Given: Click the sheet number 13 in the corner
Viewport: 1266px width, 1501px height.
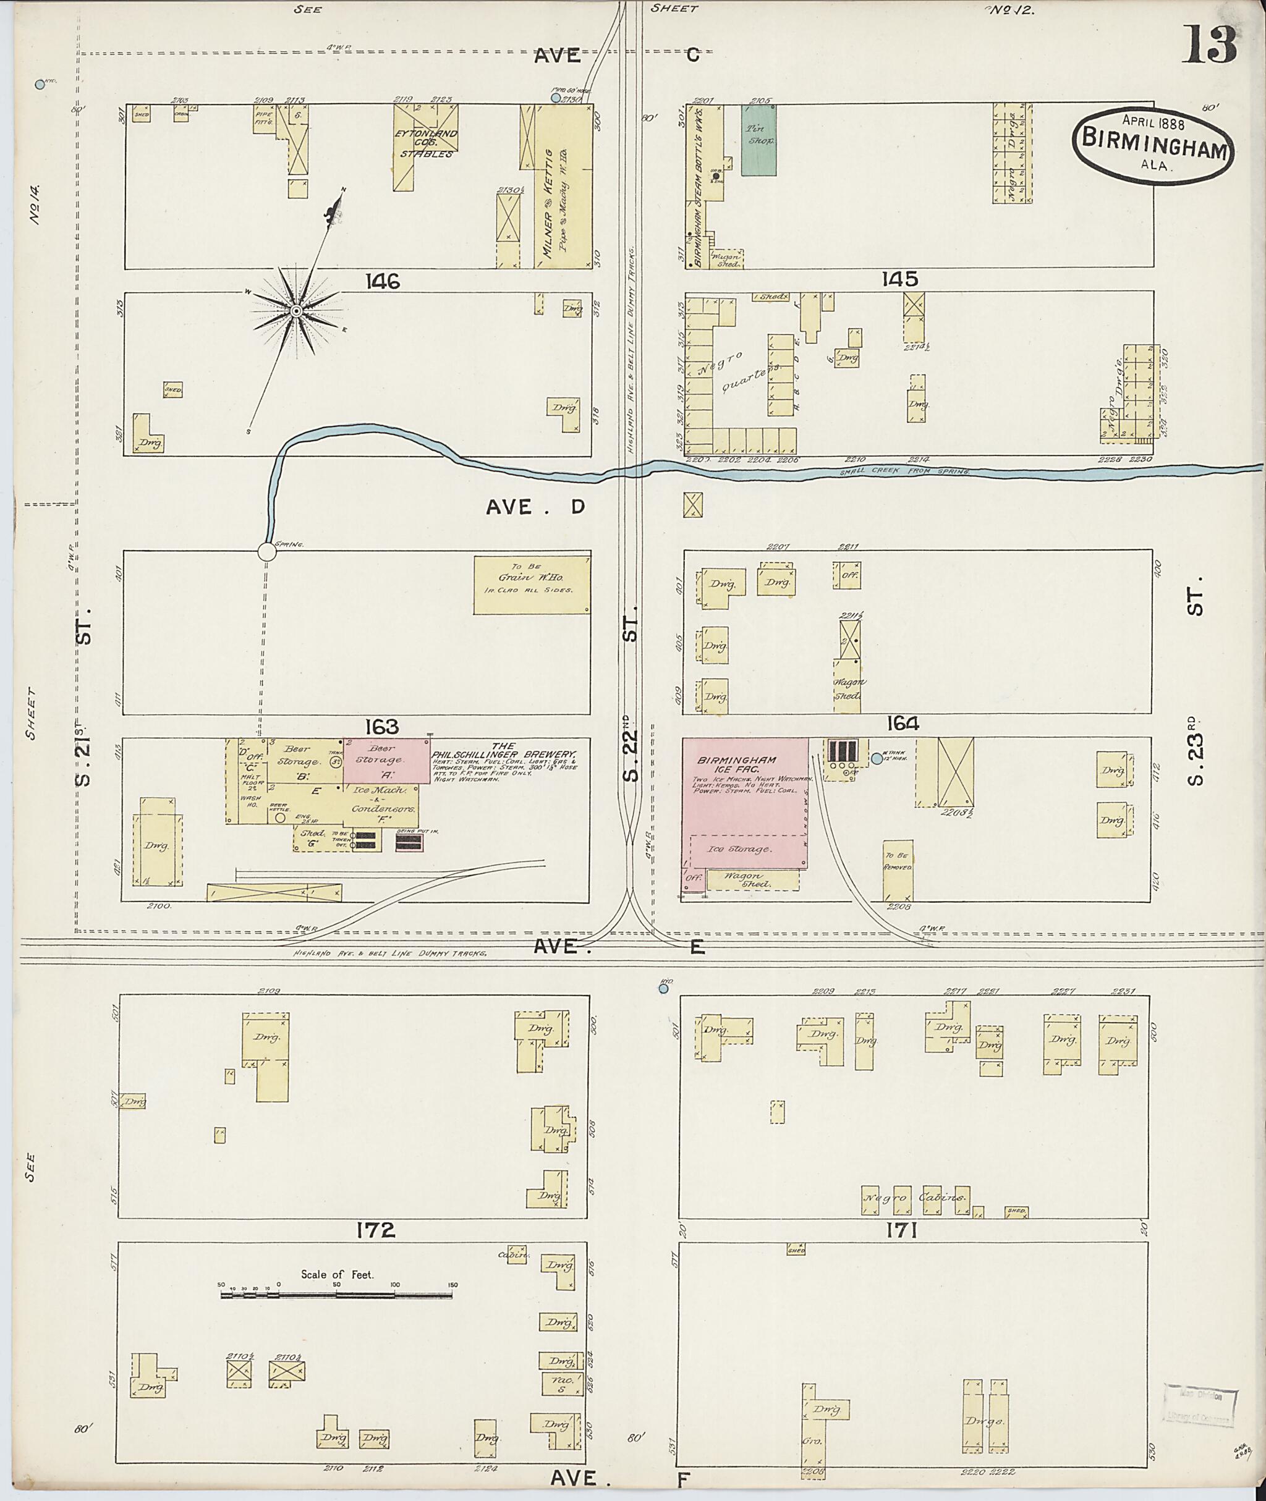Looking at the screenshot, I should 1209,44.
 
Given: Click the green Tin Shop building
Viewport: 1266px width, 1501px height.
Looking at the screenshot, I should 758,140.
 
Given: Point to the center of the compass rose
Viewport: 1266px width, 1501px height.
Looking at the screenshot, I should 295,311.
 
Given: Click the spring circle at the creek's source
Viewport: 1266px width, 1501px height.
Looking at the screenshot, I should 266,552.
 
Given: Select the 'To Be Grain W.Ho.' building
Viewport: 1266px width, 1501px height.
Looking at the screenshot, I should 532,585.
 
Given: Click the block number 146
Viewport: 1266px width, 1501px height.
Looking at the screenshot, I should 382,281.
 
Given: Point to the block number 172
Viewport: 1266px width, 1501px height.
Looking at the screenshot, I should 376,1230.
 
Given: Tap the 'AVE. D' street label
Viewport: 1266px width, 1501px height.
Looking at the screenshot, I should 535,507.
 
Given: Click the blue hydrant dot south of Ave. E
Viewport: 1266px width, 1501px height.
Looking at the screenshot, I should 663,988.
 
